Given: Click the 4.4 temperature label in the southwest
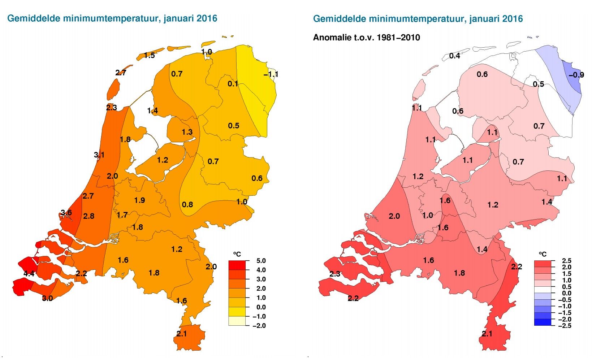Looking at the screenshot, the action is (x=29, y=273).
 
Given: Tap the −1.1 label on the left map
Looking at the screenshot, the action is (x=271, y=74).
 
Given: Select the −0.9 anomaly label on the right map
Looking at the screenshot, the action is (x=576, y=75).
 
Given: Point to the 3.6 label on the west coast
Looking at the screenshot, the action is (x=66, y=212).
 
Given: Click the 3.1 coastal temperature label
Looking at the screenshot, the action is (x=99, y=155).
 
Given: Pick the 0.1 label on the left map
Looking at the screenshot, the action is (x=233, y=84).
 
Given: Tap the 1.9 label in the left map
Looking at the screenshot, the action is (x=139, y=200).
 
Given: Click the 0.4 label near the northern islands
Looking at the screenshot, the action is (x=455, y=56).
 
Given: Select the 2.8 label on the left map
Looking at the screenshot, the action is (x=89, y=216).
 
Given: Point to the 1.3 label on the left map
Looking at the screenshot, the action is (x=187, y=132).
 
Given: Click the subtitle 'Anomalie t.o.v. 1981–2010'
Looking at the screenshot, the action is (x=367, y=38).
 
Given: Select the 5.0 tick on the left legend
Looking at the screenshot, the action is (x=261, y=261).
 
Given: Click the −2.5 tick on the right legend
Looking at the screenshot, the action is (x=565, y=326).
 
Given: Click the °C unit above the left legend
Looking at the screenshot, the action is (x=237, y=254).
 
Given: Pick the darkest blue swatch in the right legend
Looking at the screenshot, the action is (x=543, y=322).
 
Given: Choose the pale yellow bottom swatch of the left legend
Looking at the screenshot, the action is (x=237, y=321).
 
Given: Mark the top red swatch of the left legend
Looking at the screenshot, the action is (x=237, y=265).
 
